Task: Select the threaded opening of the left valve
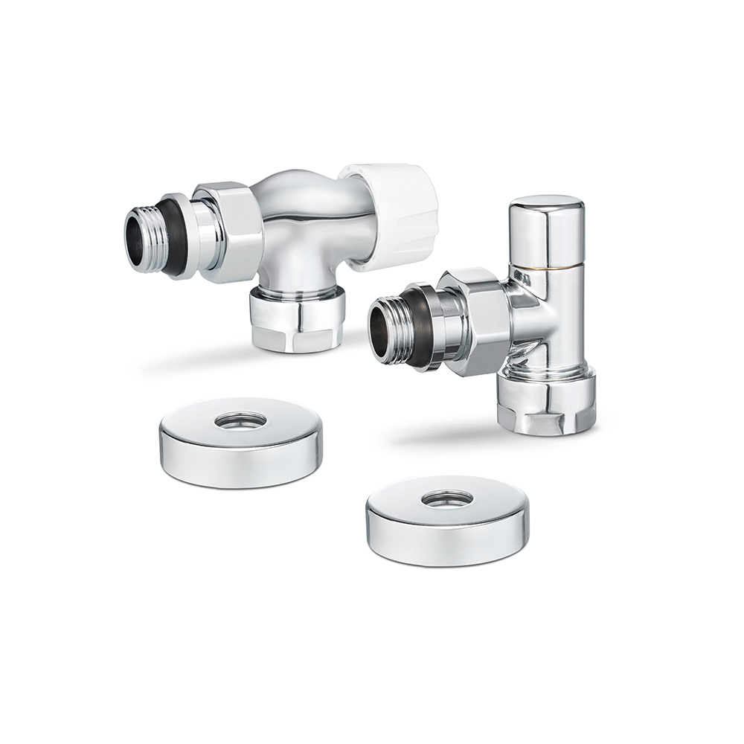141,238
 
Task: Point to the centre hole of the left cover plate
240,420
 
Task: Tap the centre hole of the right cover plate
446,498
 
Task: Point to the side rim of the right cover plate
446,547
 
